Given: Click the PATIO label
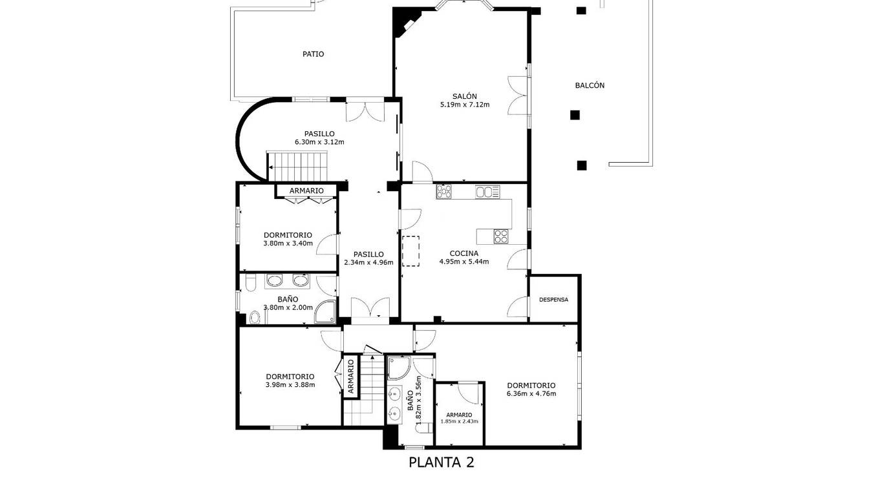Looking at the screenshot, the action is [313, 54].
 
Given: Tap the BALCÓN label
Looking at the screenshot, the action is [590, 85].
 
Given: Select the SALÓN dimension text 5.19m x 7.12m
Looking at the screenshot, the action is [465, 105].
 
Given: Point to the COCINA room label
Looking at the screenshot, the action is [464, 253].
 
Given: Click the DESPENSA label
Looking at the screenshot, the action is [553, 300].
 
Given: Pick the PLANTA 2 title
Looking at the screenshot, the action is [441, 462].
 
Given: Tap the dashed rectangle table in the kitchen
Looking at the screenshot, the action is [410, 251].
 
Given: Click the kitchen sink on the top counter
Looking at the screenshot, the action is [487, 192].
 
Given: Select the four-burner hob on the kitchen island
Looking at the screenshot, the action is [500, 236].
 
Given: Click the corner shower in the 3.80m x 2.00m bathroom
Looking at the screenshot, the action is [325, 312].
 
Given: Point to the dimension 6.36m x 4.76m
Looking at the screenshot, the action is [531, 393].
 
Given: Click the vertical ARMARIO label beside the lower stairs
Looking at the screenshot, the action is [351, 377].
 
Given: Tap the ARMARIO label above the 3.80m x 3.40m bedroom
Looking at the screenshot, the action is [306, 191].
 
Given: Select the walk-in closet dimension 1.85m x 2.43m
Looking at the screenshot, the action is [459, 421].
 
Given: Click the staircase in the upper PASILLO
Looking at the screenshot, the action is [297, 165].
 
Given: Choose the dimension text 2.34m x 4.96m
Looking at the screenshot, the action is [368, 263].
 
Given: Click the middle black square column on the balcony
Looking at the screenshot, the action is [575, 115].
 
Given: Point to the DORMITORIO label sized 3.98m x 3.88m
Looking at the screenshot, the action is [290, 377].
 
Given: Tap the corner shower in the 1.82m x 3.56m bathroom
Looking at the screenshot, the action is [399, 367].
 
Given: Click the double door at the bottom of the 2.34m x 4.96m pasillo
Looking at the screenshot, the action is [370, 307].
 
